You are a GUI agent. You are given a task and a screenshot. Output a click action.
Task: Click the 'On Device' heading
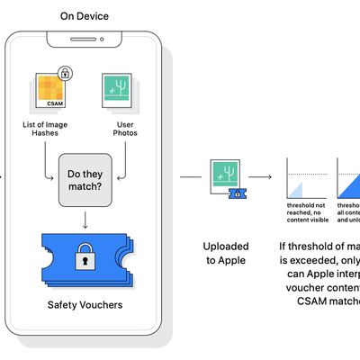[x=85, y=16]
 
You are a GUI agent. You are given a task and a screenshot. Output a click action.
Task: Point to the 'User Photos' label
[x=120, y=130]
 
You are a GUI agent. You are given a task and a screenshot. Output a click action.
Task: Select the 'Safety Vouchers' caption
[x=86, y=305]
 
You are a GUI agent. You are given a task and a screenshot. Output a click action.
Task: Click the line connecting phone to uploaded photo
[x=190, y=177]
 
